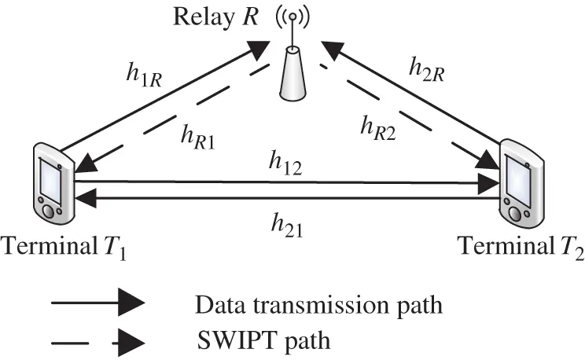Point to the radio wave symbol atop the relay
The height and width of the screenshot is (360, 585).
(292, 17)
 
